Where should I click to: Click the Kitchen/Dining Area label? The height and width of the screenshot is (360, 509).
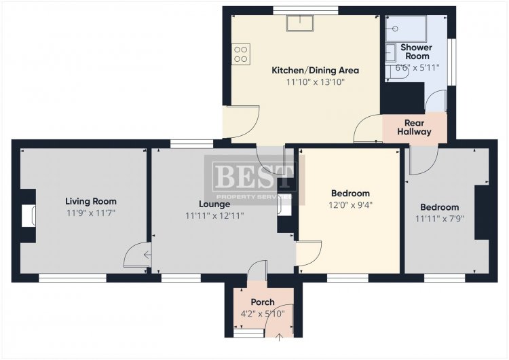click(x=315, y=70)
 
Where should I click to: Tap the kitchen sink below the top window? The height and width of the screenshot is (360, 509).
click(x=300, y=23)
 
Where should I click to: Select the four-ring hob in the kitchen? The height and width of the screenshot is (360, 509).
click(x=241, y=54)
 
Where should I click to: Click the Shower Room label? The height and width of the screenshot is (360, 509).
click(x=417, y=52)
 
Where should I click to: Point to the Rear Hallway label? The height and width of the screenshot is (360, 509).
click(x=414, y=128)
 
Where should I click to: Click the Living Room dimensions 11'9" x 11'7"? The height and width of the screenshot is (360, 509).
click(x=91, y=213)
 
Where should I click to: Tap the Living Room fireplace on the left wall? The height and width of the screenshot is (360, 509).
click(x=29, y=215)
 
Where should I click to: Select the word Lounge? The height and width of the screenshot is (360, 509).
click(x=214, y=204)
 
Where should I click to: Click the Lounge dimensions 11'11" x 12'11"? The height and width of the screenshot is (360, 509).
click(x=214, y=216)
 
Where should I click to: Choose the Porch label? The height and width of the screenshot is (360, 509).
click(x=263, y=302)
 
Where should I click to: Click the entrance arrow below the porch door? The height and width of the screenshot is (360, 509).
click(x=279, y=338)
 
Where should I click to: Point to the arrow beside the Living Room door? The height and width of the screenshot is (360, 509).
click(x=147, y=255)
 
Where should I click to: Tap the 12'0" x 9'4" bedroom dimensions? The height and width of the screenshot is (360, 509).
click(x=351, y=205)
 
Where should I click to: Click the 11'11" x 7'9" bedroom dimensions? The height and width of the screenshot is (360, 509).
click(x=440, y=219)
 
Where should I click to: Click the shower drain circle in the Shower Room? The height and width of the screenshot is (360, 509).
click(x=395, y=29)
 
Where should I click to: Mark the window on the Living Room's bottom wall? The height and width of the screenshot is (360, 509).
click(x=73, y=278)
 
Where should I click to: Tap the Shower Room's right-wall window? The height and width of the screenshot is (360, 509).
click(x=451, y=62)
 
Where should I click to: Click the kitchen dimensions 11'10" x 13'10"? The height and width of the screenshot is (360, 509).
click(x=315, y=82)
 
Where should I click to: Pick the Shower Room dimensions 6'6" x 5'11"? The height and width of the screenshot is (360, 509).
click(x=417, y=67)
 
